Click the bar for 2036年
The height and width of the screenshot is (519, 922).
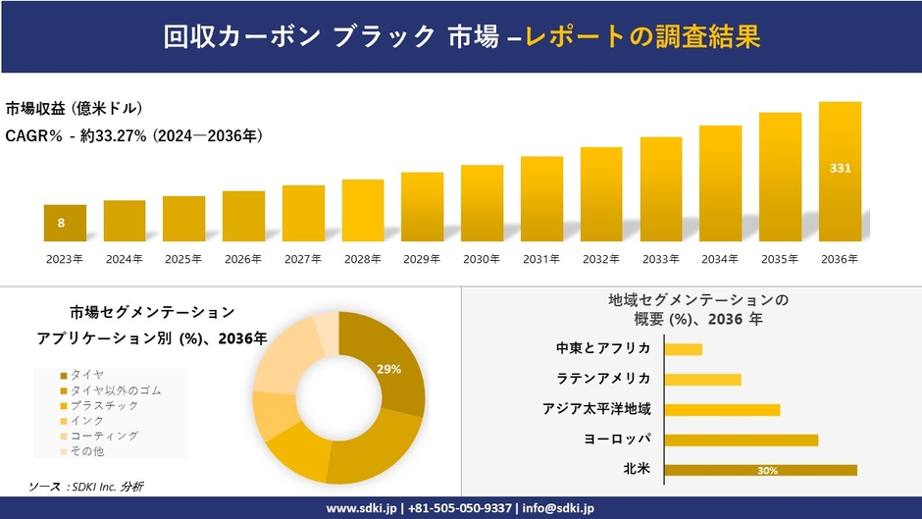[840, 172]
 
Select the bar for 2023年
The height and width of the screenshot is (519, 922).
[65, 223]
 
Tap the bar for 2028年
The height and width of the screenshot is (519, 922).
[363, 210]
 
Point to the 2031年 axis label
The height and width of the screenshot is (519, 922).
[541, 259]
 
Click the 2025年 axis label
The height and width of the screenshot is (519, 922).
[183, 259]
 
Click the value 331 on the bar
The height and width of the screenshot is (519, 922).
[840, 169]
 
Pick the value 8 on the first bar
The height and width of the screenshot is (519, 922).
[61, 223]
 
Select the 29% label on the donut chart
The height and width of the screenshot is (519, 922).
[388, 369]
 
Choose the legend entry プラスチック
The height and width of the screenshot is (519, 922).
[103, 405]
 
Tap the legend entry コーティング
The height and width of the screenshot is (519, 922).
[103, 436]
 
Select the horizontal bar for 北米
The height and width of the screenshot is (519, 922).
[760, 470]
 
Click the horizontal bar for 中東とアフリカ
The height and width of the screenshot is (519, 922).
[683, 349]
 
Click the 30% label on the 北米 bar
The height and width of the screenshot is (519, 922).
[767, 471]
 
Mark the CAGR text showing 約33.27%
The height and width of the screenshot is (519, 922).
[133, 135]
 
